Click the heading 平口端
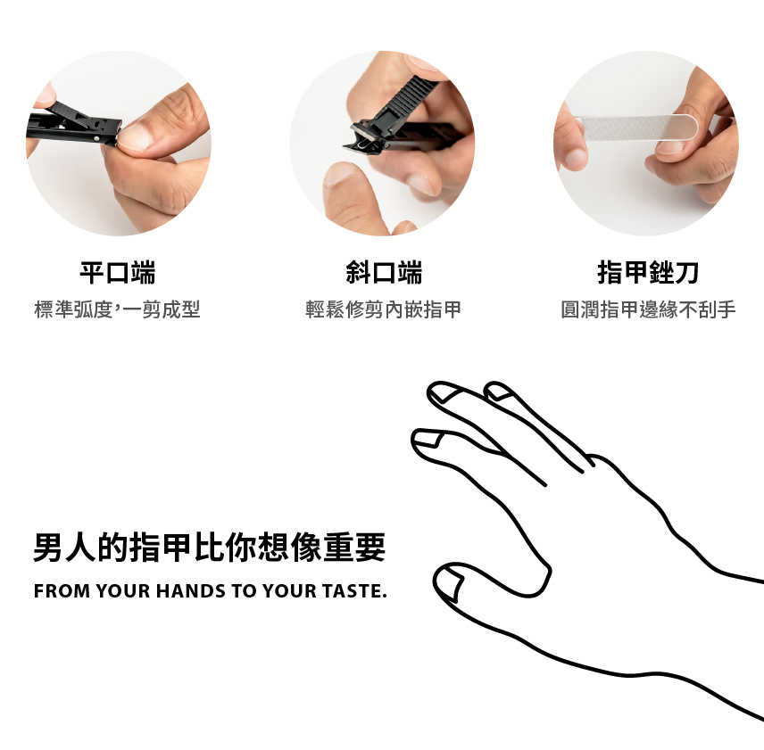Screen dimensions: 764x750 click(118, 272)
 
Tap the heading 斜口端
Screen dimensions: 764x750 click(384, 272)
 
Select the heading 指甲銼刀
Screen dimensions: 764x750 click(648, 272)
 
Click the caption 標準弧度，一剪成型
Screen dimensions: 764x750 click(118, 309)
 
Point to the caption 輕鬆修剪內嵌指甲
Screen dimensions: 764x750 click(383, 309)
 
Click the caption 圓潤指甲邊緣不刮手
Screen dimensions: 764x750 click(648, 309)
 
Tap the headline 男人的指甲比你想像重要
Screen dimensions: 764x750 click(210, 548)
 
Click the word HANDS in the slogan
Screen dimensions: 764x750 click(191, 591)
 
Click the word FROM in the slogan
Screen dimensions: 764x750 click(62, 591)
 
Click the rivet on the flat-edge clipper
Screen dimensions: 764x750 click(96, 139)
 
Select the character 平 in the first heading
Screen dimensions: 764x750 click(92, 272)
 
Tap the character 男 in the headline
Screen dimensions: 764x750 click(49, 548)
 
